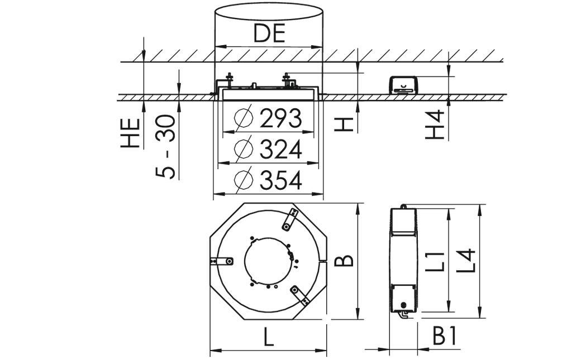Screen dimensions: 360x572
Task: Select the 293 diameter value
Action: tap(280, 118)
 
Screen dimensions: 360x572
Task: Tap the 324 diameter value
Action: tap(280, 150)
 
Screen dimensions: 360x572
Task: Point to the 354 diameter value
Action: tap(280, 180)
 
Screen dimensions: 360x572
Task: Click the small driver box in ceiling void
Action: tap(403, 85)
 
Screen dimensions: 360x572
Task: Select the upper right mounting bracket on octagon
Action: tap(290, 219)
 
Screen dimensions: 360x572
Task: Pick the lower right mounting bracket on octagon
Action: tap(299, 295)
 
